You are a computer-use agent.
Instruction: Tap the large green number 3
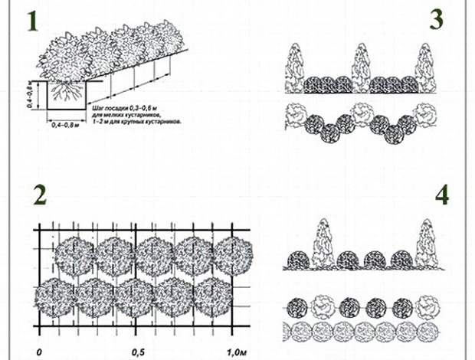pyautogui.click(x=436, y=19)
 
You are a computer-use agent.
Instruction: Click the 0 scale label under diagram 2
pyautogui.click(x=39, y=353)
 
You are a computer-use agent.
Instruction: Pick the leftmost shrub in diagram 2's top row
pyautogui.click(x=74, y=254)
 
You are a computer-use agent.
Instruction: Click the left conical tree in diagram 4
pyautogui.click(x=325, y=244)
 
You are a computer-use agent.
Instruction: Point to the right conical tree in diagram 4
pyautogui.click(x=423, y=244)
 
